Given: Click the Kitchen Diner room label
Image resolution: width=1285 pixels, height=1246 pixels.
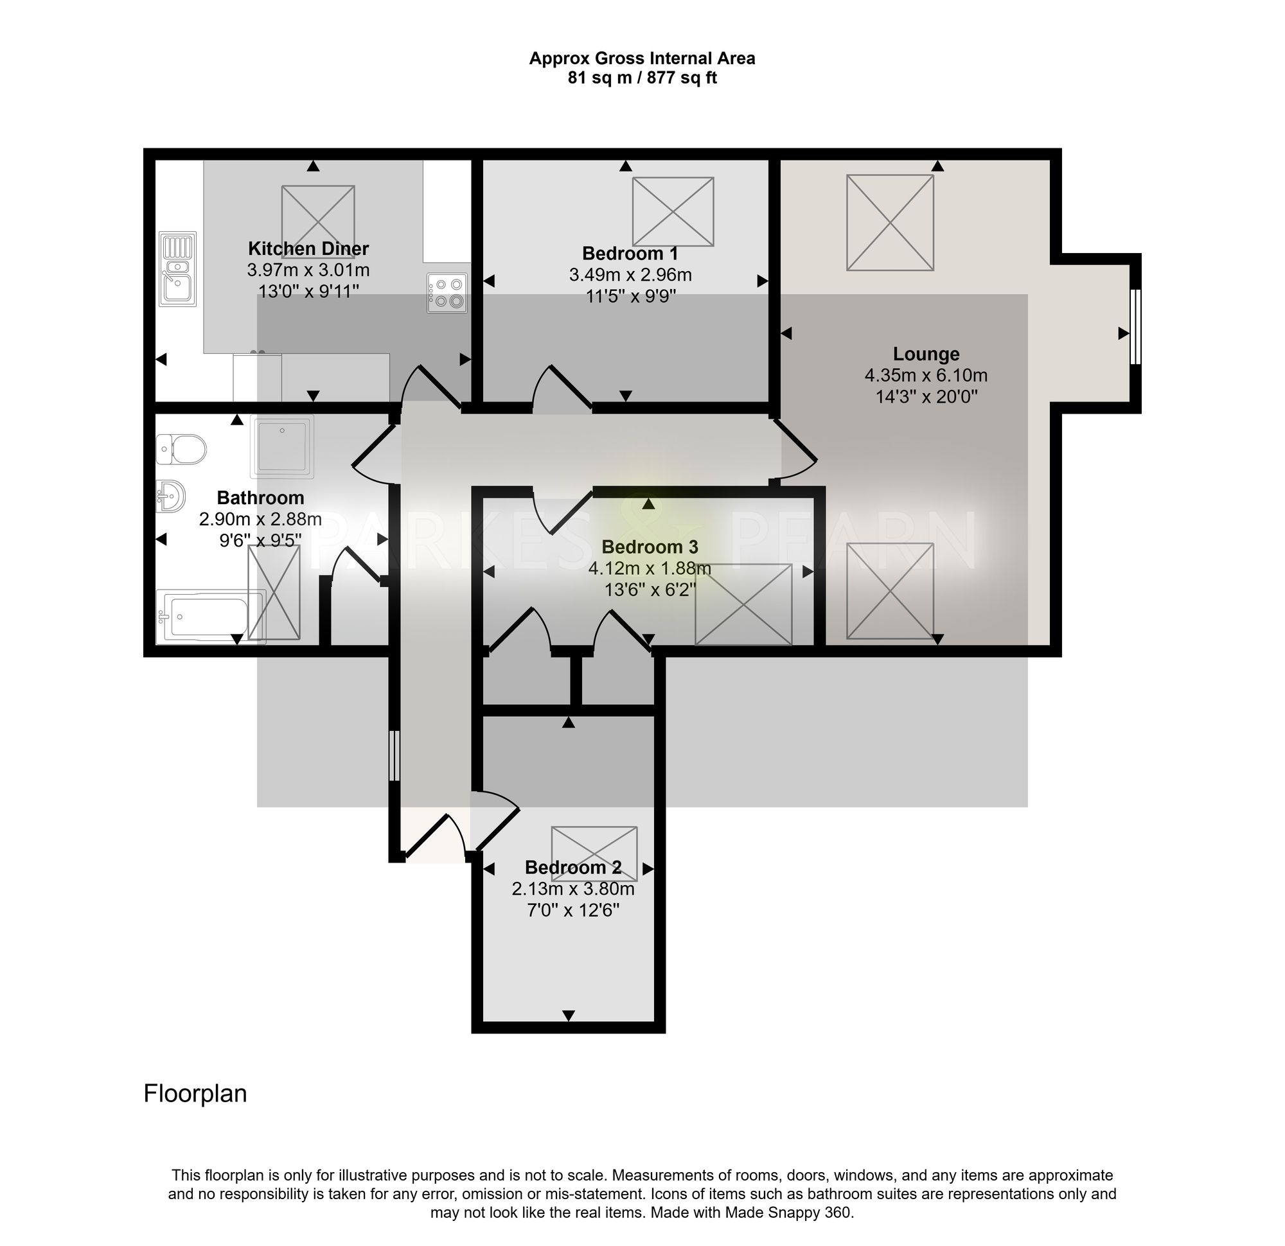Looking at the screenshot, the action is coord(308,249).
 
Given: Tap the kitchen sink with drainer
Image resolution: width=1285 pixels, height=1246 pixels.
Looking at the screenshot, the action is coord(178,268).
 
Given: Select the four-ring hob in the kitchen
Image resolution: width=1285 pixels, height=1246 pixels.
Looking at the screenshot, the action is coord(448,293).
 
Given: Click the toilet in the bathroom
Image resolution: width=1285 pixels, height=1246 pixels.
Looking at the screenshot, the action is coord(182,449).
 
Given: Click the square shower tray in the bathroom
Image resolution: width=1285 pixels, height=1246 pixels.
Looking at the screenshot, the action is coord(282,446).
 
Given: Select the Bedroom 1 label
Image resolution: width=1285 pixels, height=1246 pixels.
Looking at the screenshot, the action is coord(630,254).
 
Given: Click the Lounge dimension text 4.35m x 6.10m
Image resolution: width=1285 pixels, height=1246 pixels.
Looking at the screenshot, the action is coord(926,376).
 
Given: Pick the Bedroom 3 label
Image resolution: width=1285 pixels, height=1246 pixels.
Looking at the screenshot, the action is coord(650,547).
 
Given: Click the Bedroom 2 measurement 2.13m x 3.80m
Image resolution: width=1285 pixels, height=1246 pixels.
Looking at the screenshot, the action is coord(573,890).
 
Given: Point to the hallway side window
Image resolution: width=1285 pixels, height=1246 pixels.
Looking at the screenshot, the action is coord(394,757).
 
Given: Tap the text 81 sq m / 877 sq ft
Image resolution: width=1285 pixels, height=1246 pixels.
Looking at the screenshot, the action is coord(642,78).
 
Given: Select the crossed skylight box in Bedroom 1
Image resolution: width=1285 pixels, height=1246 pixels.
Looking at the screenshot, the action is coord(673,213).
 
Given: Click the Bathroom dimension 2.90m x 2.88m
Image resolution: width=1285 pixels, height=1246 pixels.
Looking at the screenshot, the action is coord(260,520).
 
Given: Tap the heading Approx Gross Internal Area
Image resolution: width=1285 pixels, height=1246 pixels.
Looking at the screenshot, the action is coord(642,58).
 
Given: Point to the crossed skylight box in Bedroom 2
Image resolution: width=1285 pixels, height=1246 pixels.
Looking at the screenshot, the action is coord(595,854).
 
